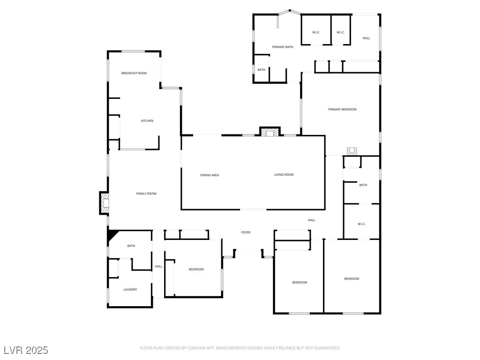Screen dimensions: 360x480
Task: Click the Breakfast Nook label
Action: click(134, 73)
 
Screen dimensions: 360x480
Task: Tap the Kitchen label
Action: click(147, 121)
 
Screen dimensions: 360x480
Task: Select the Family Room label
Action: click(146, 194)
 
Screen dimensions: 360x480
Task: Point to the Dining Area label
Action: click(210, 175)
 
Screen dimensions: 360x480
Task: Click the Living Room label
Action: click(284, 175)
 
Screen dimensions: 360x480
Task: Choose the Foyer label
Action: click(246, 232)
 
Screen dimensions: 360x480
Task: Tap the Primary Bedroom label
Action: click(342, 109)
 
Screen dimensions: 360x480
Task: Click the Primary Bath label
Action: click(283, 47)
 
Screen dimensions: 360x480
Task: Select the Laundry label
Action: click(130, 290)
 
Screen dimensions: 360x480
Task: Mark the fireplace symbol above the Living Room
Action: click(270, 133)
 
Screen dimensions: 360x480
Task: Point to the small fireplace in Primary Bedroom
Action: click(352, 150)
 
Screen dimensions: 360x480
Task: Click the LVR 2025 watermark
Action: click(26, 350)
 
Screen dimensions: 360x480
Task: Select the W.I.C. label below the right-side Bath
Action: click(361, 224)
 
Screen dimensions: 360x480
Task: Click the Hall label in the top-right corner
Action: click(367, 38)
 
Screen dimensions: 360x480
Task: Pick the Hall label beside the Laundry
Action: click(159, 266)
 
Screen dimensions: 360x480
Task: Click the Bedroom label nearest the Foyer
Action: click(196, 269)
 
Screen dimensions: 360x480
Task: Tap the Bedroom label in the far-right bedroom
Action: click(352, 279)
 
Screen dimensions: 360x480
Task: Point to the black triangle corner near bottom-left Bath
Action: click(111, 234)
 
